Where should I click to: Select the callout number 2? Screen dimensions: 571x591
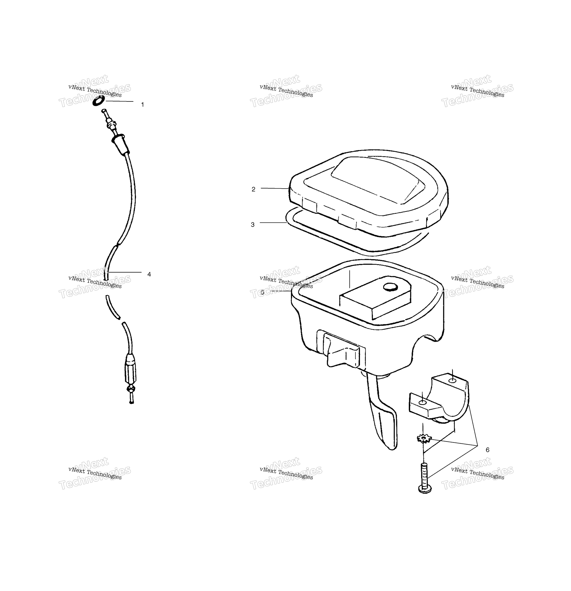click(x=253, y=189)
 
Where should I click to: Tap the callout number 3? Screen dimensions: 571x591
click(x=253, y=225)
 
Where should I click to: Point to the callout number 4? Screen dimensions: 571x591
click(x=149, y=274)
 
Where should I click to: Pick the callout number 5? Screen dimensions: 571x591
click(x=262, y=292)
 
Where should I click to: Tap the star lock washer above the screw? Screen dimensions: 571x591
click(x=424, y=438)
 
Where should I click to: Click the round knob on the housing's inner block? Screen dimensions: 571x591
click(x=391, y=287)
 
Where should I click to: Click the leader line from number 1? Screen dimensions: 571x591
click(x=120, y=101)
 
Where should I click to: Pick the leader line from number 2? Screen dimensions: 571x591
click(x=275, y=188)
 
